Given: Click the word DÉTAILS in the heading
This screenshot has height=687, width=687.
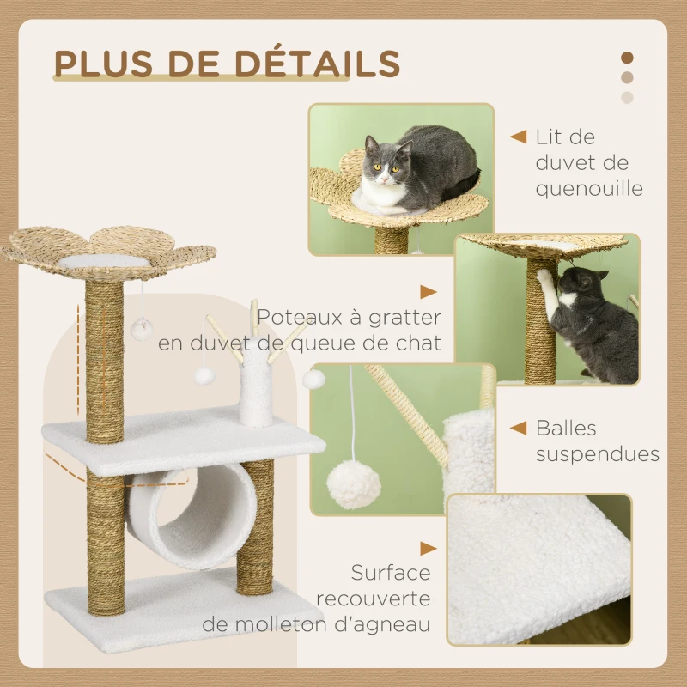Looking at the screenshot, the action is [318, 64].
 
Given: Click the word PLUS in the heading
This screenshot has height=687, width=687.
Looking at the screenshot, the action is [103, 64].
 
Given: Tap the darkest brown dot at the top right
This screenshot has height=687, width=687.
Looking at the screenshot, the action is [627, 58].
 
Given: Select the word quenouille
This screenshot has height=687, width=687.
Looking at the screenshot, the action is [589, 189].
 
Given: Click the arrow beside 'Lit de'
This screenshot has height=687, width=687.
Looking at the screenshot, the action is [519, 137].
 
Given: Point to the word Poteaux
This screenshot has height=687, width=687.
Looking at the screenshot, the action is [300, 317].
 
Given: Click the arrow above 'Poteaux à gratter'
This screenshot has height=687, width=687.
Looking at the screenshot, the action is [428, 292].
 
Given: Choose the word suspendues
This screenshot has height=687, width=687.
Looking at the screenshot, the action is [598, 454].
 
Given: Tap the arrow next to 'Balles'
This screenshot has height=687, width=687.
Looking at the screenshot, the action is [519, 428].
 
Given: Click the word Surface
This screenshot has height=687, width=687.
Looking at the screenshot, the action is [391, 572].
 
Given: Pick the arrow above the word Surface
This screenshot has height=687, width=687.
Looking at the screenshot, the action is [428, 549].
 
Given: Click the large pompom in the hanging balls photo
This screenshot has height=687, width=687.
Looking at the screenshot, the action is [354, 484].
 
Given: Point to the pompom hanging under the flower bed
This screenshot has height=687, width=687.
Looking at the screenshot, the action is [141, 330].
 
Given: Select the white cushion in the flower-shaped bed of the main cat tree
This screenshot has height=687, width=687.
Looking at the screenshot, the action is [104, 262].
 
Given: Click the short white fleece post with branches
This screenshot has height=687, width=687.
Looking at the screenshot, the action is [255, 381].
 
